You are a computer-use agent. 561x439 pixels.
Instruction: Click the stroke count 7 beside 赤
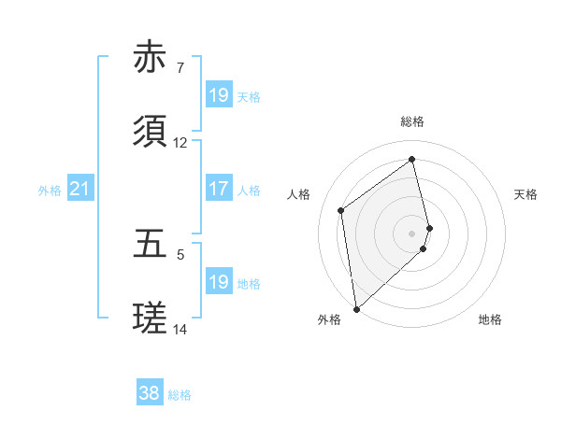pos(180,68)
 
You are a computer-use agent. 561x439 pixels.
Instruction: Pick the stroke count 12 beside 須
pos(180,143)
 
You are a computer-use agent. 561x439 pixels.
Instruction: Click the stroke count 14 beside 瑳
pos(180,330)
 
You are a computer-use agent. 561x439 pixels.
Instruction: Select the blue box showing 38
pos(150,394)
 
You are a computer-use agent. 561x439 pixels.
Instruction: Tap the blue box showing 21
pos(80,190)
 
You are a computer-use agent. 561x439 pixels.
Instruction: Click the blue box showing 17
pos(218,190)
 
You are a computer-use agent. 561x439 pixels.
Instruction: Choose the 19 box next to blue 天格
pos(218,95)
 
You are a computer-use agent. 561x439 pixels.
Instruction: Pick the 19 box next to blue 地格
pos(218,282)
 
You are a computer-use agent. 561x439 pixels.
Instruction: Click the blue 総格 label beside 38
pos(180,395)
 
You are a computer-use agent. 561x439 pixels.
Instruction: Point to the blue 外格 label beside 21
pos(50,191)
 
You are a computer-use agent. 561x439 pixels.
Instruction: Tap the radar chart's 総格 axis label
pos(412,121)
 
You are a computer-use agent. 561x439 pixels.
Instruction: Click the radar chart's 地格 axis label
pos(490,319)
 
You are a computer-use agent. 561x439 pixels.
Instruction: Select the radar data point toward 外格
pos(356,308)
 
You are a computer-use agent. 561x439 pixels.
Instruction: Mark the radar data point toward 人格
pos(341,210)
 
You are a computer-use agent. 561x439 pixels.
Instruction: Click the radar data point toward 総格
pos(412,159)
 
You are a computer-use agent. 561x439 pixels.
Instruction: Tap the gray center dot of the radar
pos(412,233)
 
